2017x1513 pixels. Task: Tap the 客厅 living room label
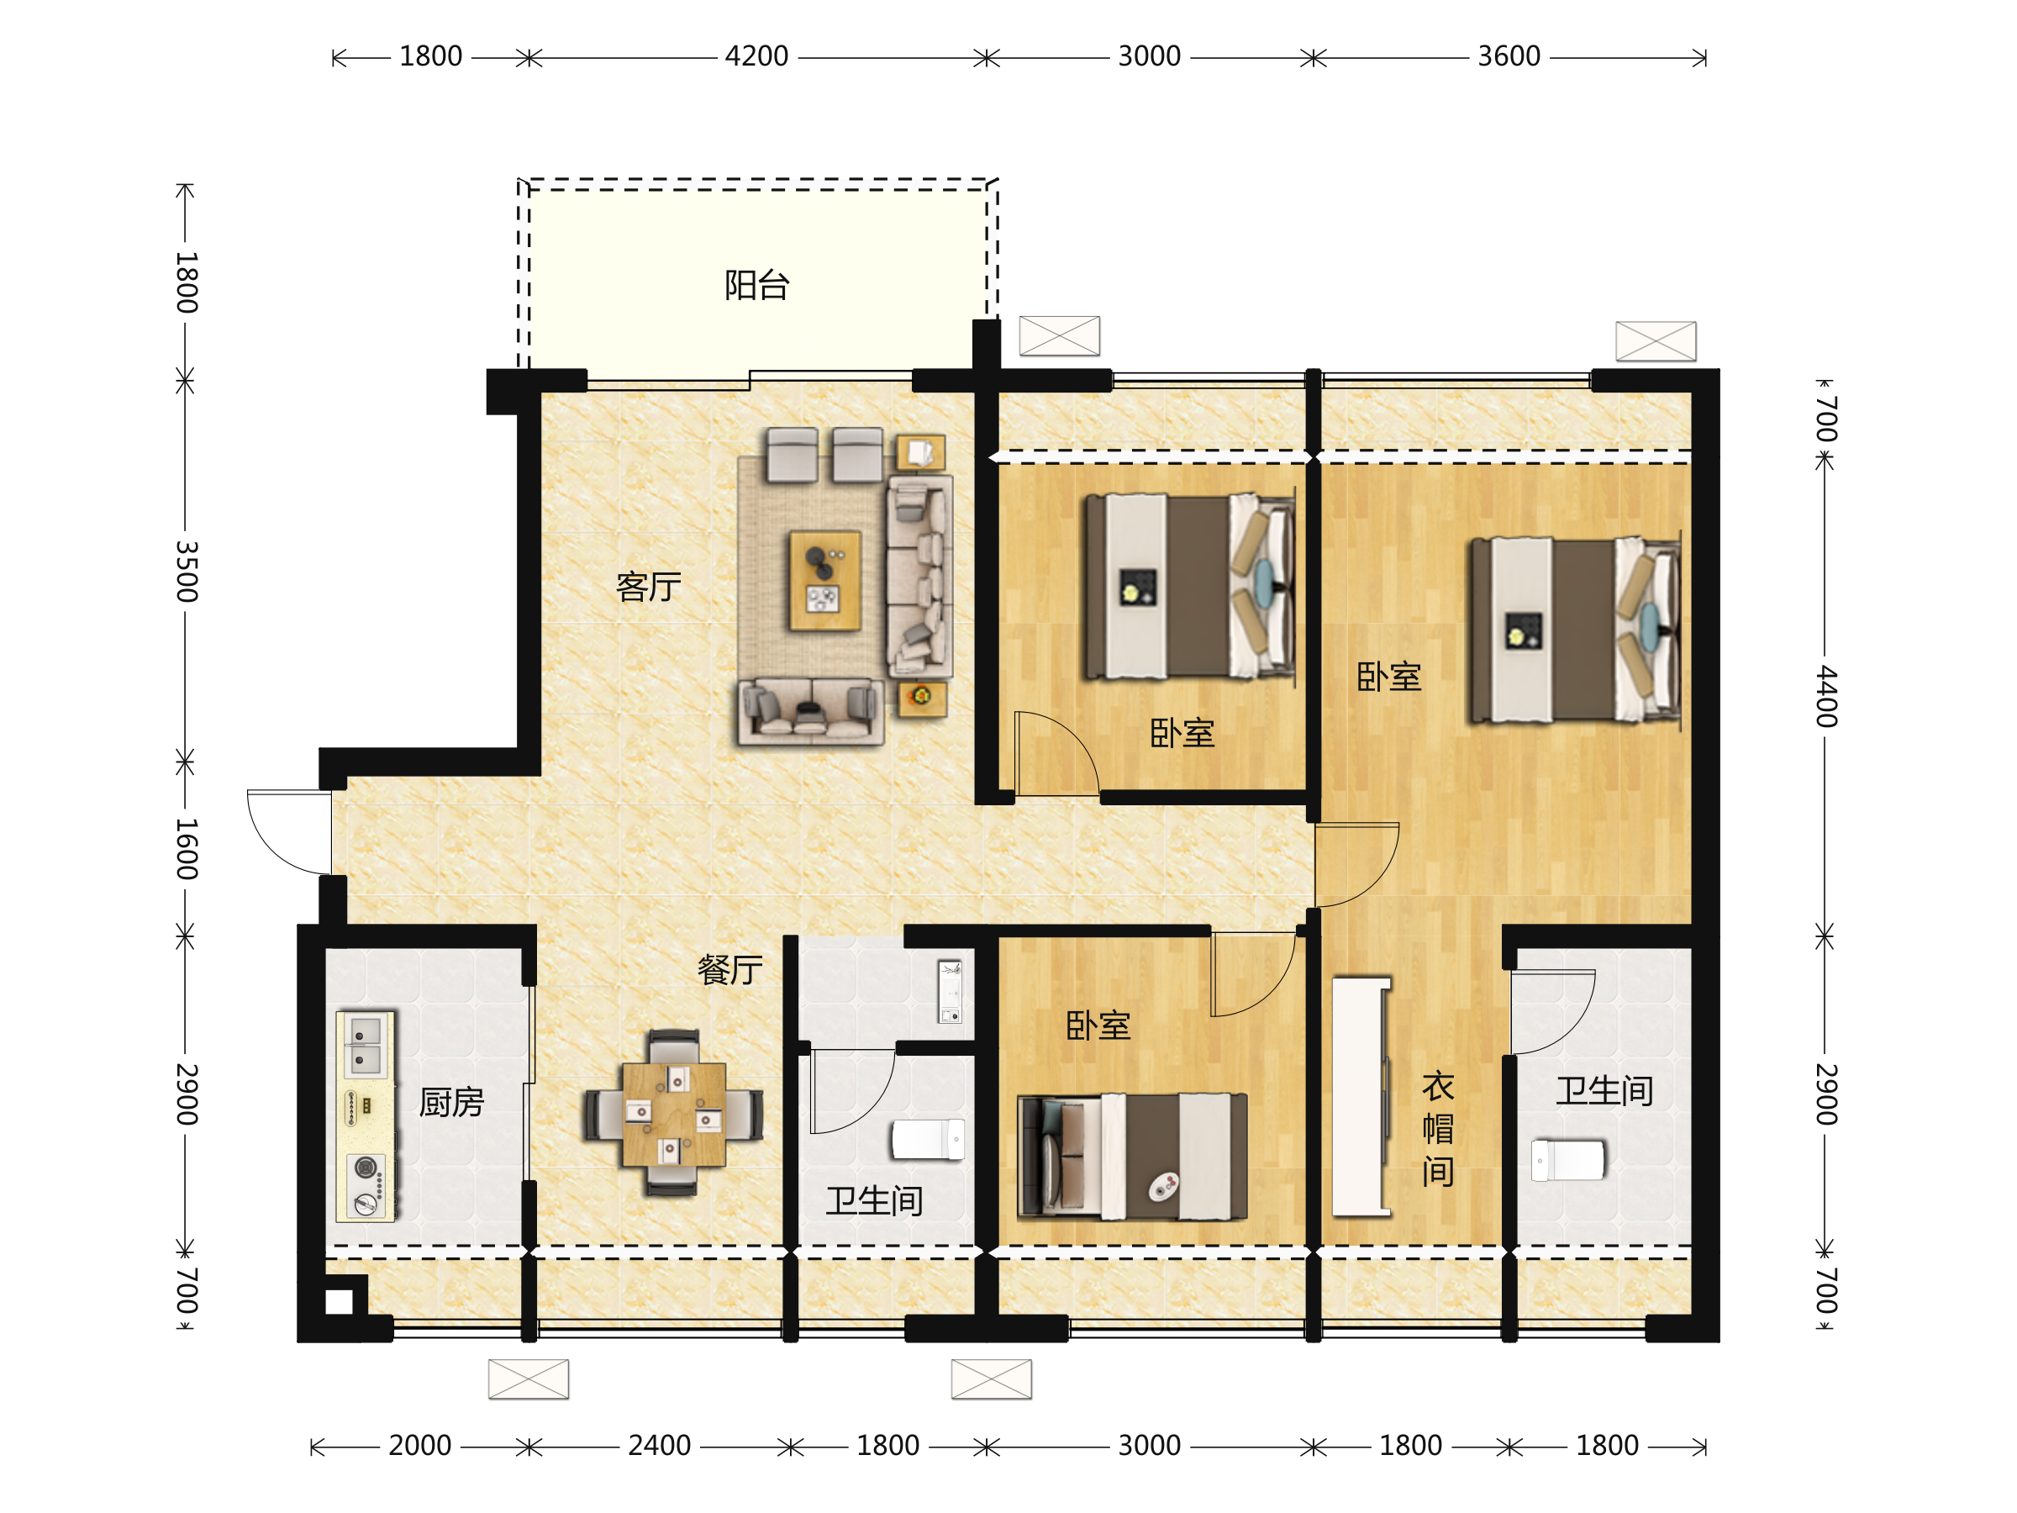click(x=648, y=587)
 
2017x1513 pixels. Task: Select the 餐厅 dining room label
click(x=729, y=969)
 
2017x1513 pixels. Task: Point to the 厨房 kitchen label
click(x=451, y=1103)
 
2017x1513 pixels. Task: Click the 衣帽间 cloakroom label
click(x=1438, y=1129)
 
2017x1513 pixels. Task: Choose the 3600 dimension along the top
click(x=1509, y=56)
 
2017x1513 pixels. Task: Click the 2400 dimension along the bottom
click(x=659, y=1446)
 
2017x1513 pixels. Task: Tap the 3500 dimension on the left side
click(x=186, y=572)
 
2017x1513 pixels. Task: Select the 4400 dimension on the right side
click(x=1825, y=696)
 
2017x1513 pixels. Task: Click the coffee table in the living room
click(x=825, y=581)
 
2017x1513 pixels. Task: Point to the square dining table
click(x=674, y=1115)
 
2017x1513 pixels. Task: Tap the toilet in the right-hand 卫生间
click(x=1567, y=1160)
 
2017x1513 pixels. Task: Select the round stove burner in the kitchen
click(x=366, y=1168)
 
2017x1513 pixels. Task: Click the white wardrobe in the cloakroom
click(x=1361, y=1097)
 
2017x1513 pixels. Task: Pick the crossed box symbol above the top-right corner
click(x=1656, y=341)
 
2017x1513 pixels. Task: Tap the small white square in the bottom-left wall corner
click(x=340, y=1302)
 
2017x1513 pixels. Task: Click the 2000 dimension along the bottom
click(x=419, y=1446)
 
